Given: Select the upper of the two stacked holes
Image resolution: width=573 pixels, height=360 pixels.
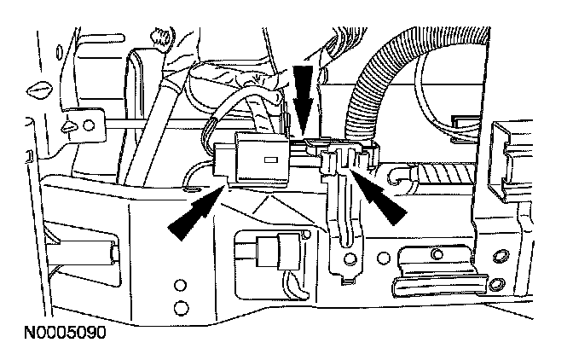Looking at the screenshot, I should coord(181,285).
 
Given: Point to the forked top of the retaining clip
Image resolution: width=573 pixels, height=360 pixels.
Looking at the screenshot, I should coord(341,158).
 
